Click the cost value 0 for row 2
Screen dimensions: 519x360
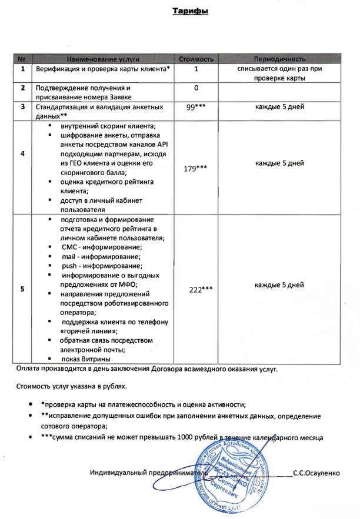pos(196,88)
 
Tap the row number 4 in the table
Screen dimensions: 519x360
pos(22,154)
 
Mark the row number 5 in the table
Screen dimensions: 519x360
pos(22,289)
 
